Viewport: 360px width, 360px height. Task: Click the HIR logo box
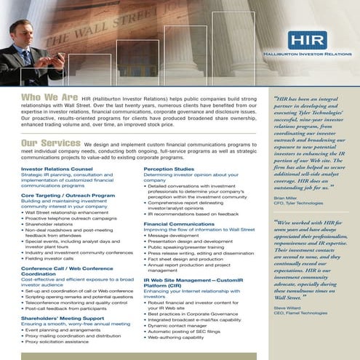click(x=306, y=41)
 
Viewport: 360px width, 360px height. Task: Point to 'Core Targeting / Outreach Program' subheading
click(x=68, y=195)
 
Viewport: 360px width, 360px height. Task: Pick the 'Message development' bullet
click(x=174, y=236)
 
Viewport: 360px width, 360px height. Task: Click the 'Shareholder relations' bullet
click(x=49, y=225)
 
